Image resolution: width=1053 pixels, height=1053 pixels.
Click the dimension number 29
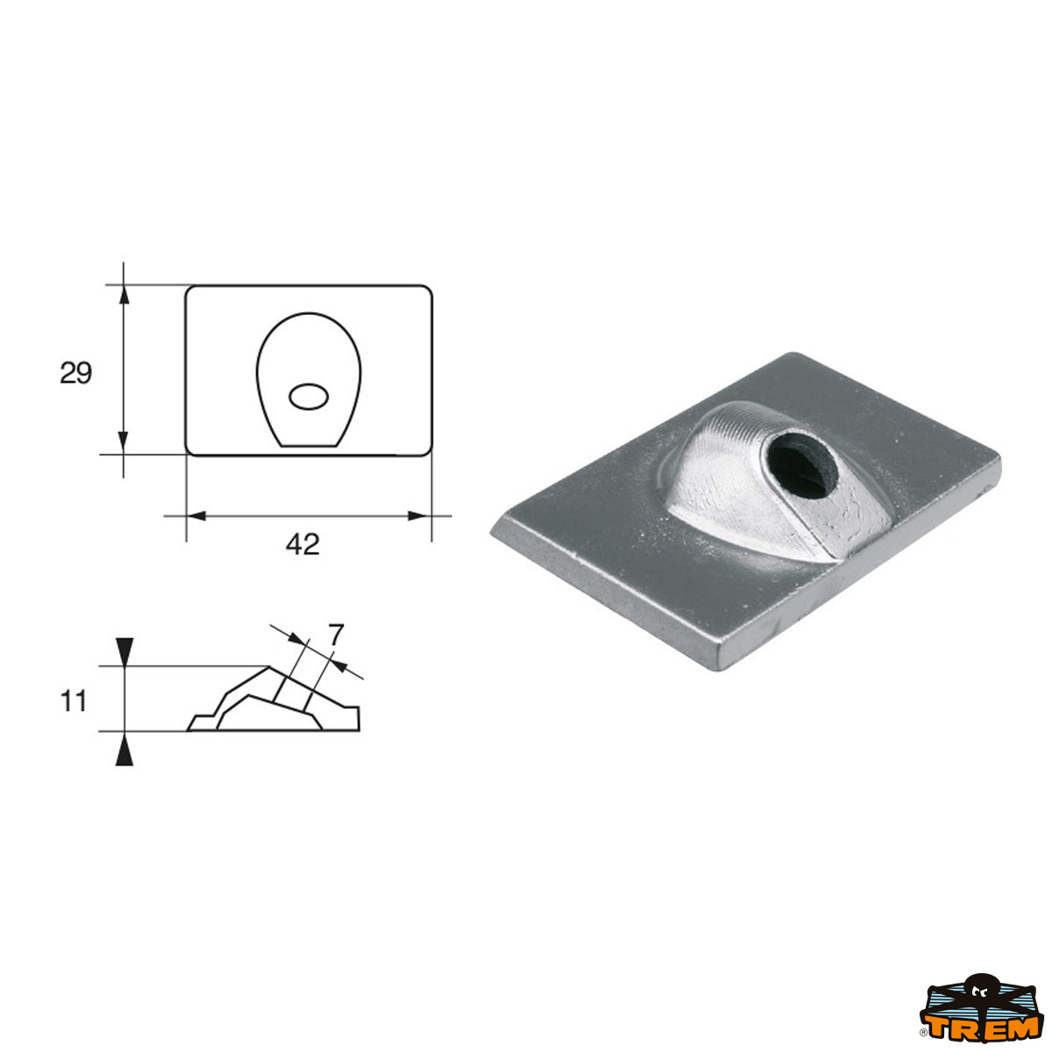tap(75, 373)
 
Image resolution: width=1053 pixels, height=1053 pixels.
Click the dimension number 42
tap(303, 545)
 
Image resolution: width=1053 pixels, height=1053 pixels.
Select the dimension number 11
tap(74, 702)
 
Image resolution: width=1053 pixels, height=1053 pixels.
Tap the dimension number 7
tap(335, 634)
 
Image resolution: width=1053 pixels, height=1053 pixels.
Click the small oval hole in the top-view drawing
tap(309, 397)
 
